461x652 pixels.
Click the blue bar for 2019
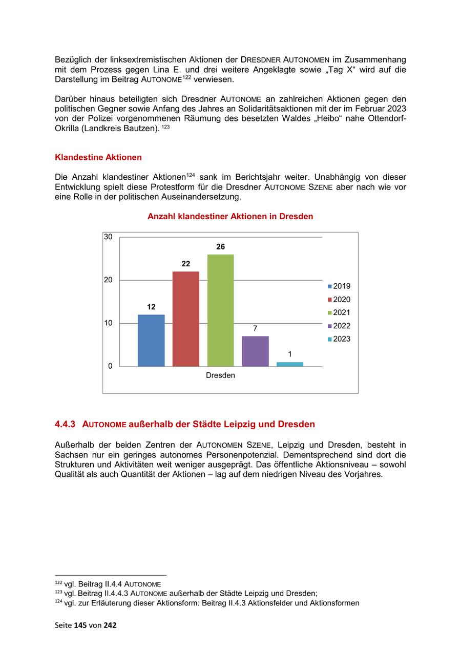click(151, 340)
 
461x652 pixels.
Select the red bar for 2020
click(186, 319)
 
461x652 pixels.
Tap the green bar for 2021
click(220, 310)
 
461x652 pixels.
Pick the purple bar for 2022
click(255, 351)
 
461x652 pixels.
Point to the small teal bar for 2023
click(290, 364)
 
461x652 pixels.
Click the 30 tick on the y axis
click(108, 237)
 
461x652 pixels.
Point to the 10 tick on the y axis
click(108, 323)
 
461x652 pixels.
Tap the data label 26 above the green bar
click(220, 247)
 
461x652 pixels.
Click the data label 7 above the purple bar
click(255, 328)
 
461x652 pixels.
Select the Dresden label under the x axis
click(220, 375)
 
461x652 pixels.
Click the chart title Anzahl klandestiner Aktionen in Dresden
click(230, 217)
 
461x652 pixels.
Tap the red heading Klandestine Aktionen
click(98, 157)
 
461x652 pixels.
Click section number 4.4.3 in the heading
click(65, 425)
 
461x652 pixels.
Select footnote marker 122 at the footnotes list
click(58, 583)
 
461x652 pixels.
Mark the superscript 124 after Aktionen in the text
click(190, 175)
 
